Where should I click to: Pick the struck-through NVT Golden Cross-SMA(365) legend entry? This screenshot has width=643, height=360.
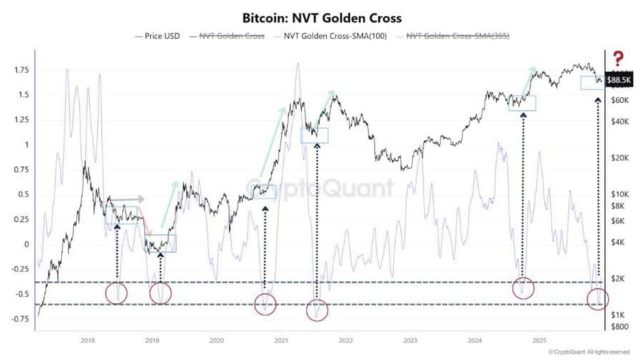click(x=453, y=36)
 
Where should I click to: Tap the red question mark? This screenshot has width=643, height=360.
click(x=619, y=59)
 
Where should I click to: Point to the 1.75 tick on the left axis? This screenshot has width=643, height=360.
click(x=21, y=70)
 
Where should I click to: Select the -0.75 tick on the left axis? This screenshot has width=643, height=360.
click(x=20, y=319)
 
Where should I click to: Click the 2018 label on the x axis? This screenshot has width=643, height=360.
click(x=88, y=341)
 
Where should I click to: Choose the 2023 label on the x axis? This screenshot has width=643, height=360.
click(x=410, y=341)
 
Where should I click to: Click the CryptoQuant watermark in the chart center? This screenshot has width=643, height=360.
click(x=320, y=188)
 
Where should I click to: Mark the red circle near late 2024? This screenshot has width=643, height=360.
click(x=523, y=288)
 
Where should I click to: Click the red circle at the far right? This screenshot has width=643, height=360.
click(x=597, y=299)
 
